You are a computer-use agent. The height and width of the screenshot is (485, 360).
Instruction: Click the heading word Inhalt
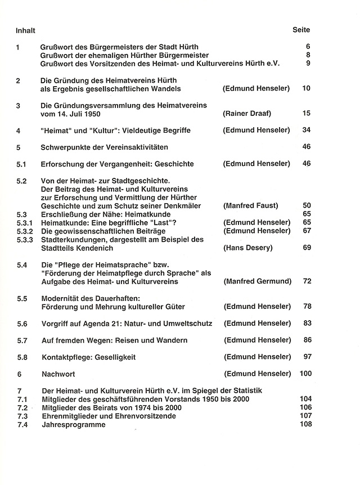[26, 30]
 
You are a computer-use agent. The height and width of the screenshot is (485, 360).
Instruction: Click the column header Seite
[301, 29]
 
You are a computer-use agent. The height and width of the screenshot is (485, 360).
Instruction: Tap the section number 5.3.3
[26, 239]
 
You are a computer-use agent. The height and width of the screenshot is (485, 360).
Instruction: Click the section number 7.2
[22, 407]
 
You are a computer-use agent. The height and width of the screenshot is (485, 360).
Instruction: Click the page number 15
[307, 114]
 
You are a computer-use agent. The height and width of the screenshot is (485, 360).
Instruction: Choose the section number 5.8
[22, 357]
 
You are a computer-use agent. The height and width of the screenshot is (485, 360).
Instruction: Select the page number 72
[307, 281]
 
